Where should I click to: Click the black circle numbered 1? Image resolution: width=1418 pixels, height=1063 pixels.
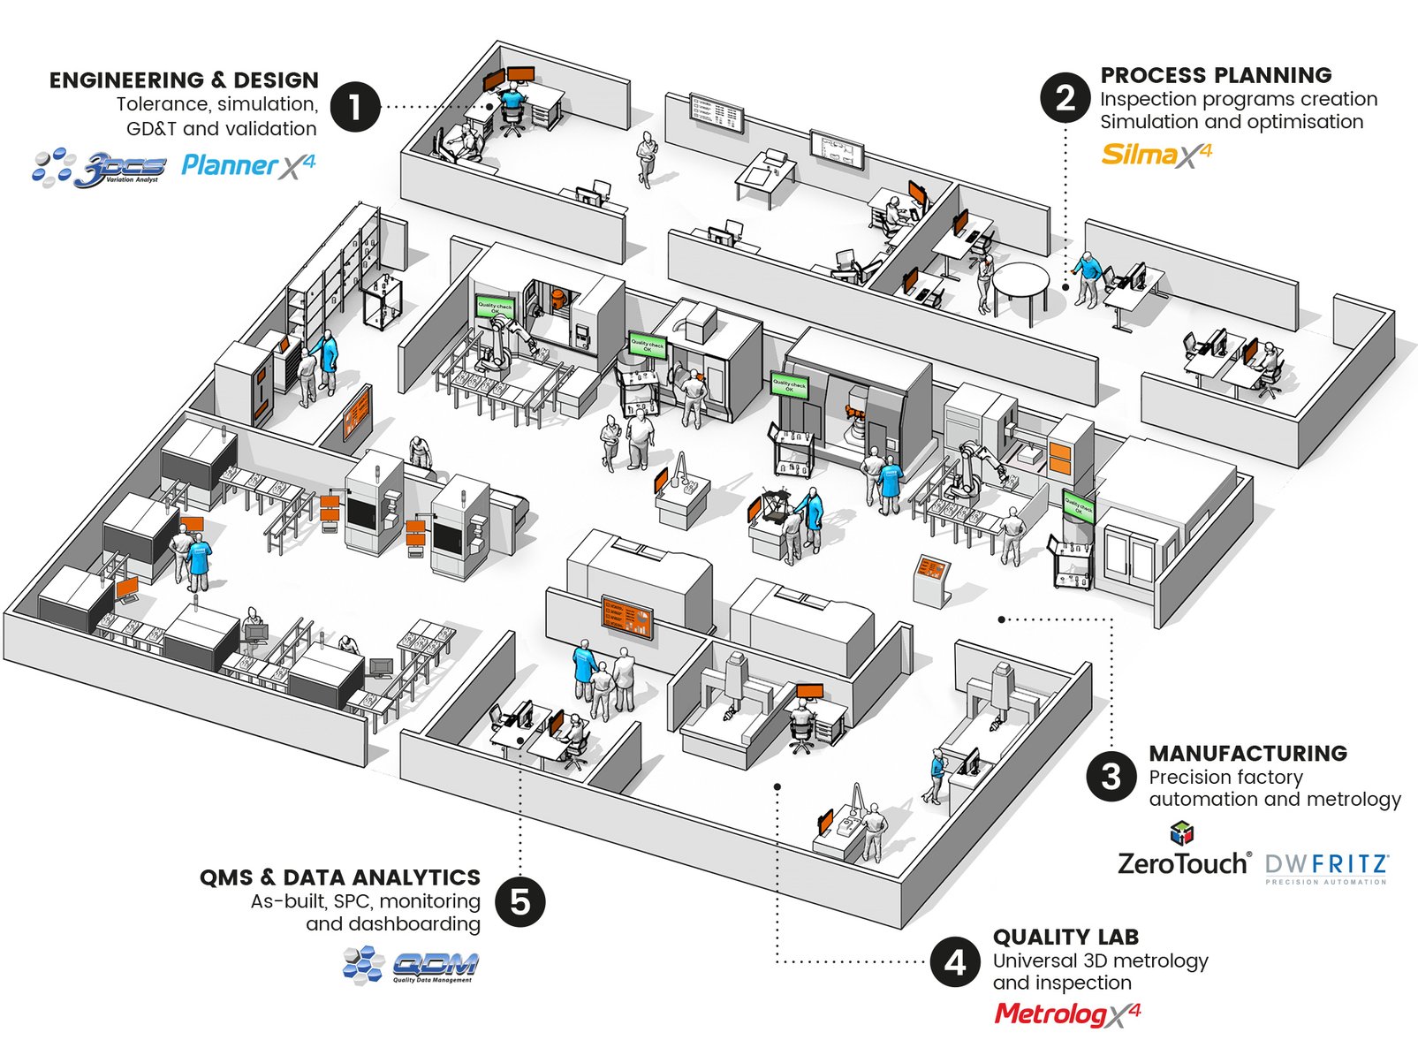point(355,107)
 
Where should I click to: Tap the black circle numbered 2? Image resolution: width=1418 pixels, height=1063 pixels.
point(1065,97)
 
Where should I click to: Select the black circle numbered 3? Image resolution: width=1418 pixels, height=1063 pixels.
point(1111,776)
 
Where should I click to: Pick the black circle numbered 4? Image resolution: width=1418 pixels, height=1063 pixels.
point(955,961)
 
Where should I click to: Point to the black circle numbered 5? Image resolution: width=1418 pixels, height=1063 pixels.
point(520,901)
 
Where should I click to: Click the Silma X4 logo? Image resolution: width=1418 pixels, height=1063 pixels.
point(1156,155)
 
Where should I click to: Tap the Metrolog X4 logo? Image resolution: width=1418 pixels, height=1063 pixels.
point(1066,1014)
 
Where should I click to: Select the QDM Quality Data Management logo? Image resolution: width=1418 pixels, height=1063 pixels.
point(412,964)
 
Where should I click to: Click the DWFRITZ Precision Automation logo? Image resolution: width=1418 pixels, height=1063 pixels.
point(1326,867)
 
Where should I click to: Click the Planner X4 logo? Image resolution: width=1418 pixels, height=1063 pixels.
point(247,165)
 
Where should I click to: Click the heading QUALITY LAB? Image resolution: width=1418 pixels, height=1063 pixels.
point(1065,937)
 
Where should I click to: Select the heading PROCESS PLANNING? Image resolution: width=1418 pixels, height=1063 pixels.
point(1216,75)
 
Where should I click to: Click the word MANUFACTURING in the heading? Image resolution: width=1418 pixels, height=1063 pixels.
point(1247,753)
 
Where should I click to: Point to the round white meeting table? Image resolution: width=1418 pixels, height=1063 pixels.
point(1020,282)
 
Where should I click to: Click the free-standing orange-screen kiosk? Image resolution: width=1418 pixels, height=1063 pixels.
point(932,579)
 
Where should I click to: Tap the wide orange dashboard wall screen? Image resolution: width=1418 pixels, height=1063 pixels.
point(627,617)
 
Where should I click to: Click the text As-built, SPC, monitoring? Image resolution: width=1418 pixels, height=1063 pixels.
point(365,901)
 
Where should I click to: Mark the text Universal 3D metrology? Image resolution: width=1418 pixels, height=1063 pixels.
point(1100,960)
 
